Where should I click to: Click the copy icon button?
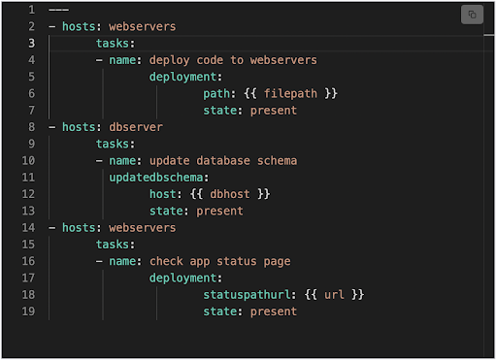tap(472, 15)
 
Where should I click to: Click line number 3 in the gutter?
tap(31, 43)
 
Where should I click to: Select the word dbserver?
tap(136, 127)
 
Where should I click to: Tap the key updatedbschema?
tap(156, 178)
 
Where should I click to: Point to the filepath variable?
tap(290, 93)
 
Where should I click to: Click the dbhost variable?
tap(230, 194)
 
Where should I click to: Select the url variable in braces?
tap(334, 295)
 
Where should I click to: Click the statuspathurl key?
tap(247, 295)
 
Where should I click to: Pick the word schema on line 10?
tap(278, 161)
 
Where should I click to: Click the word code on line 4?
tap(210, 60)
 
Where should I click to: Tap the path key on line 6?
tap(216, 93)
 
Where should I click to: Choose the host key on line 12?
tap(163, 194)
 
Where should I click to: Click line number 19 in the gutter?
tap(28, 311)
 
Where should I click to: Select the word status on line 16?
tap(237, 261)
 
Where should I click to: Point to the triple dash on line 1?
tap(58, 10)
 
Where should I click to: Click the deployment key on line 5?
tap(182, 77)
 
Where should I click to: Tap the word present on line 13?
tap(219, 211)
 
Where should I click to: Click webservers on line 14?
tap(143, 228)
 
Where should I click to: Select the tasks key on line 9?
tap(113, 144)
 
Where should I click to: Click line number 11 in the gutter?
tap(28, 178)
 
